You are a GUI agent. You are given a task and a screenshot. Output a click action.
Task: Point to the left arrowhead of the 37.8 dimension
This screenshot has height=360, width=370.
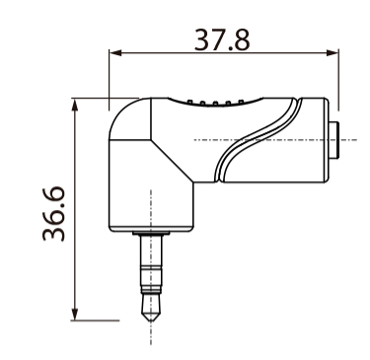click(111, 55)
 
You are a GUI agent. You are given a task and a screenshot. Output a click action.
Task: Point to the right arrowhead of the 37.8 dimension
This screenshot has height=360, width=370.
click(335, 55)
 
